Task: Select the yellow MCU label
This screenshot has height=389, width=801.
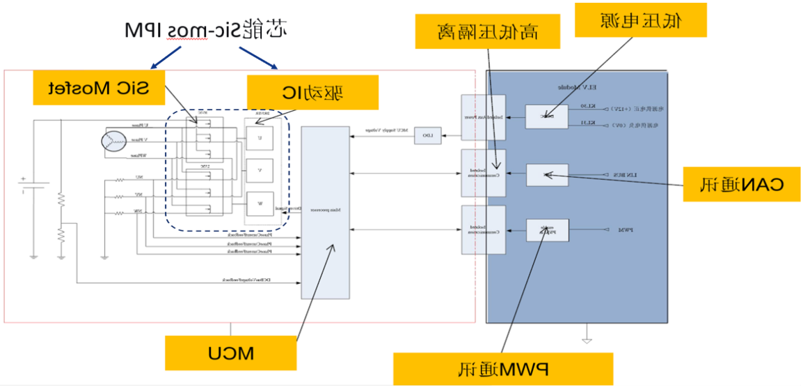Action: [230, 353]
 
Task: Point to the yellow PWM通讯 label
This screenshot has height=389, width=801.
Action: [503, 369]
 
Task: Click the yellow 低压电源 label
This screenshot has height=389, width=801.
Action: [641, 20]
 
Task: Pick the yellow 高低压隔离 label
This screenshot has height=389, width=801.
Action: [488, 31]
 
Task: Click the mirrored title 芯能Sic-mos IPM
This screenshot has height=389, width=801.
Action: [207, 31]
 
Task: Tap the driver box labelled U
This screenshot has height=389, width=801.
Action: [260, 137]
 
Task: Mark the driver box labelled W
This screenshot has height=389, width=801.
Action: [260, 204]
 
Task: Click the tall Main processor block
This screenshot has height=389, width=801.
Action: [325, 213]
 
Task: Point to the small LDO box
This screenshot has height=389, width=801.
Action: [428, 135]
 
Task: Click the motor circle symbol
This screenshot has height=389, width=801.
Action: [111, 141]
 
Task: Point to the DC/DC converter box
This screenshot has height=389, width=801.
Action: [546, 116]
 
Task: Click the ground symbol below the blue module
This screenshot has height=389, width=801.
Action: [587, 340]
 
